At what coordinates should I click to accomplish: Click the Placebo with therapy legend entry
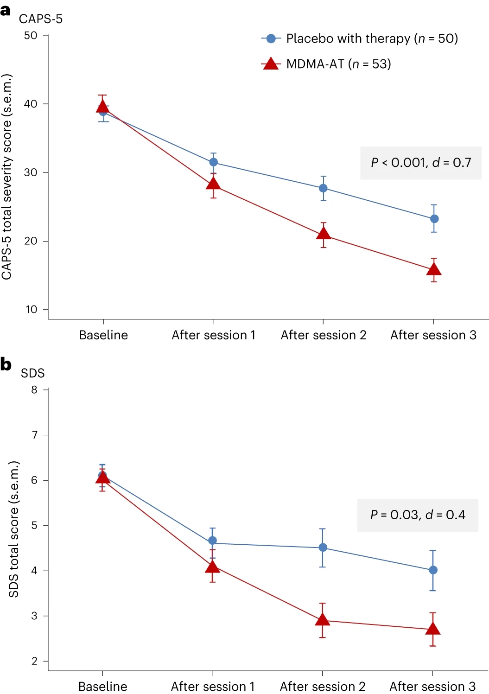(x=359, y=38)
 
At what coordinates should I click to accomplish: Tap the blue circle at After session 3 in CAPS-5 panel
(x=434, y=219)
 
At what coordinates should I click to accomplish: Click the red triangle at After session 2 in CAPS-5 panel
(x=324, y=234)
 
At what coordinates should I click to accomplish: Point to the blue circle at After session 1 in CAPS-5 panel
(x=214, y=162)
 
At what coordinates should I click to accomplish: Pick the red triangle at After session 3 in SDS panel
(x=433, y=629)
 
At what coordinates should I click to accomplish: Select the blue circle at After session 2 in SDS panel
(x=323, y=548)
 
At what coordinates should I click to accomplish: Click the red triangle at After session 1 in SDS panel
(x=213, y=567)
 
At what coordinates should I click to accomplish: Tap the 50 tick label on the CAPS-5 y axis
(x=31, y=36)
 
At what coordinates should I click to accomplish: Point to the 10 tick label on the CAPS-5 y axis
(x=31, y=309)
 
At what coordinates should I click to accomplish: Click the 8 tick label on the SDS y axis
(x=34, y=390)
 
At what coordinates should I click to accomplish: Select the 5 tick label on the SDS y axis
(x=34, y=525)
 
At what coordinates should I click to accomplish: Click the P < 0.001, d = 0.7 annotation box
(x=421, y=163)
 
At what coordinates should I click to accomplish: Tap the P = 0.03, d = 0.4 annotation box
(x=418, y=515)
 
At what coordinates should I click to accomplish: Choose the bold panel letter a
(x=5, y=10)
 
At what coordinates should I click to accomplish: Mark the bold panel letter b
(x=6, y=364)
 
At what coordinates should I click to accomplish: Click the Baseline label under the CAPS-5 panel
(x=103, y=335)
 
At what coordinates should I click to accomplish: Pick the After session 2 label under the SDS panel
(x=323, y=686)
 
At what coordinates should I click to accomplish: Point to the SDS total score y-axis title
(x=14, y=529)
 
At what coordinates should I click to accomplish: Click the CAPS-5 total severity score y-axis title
(x=6, y=177)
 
